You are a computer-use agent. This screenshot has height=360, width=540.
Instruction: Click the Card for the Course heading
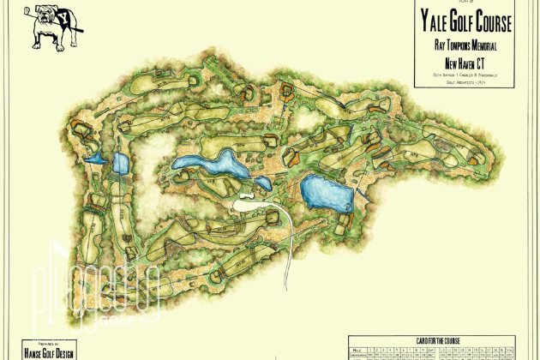433,340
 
